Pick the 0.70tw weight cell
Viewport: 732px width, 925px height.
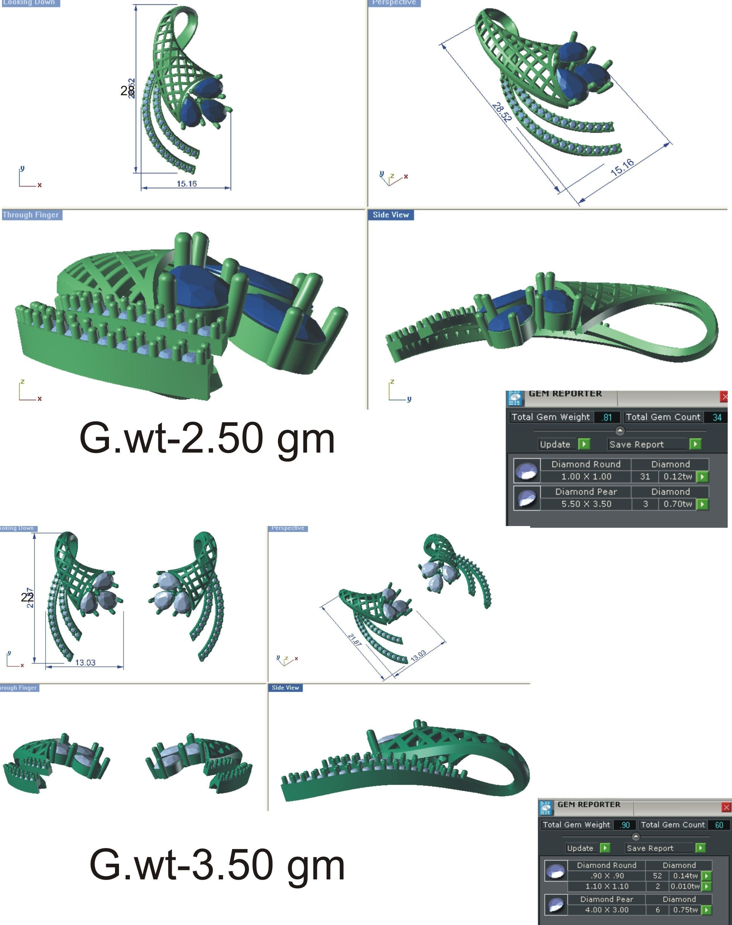678,504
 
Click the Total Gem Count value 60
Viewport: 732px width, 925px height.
719,825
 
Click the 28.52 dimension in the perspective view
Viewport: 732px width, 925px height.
501,112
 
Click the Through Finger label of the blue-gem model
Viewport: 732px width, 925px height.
30,215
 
